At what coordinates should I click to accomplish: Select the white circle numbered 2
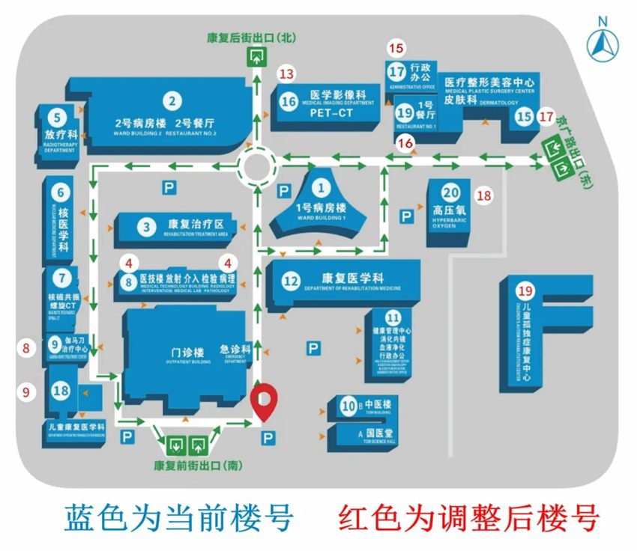(172, 100)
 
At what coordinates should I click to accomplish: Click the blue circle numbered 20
(450, 192)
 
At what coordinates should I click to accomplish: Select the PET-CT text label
(331, 114)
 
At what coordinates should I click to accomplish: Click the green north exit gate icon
(258, 55)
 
